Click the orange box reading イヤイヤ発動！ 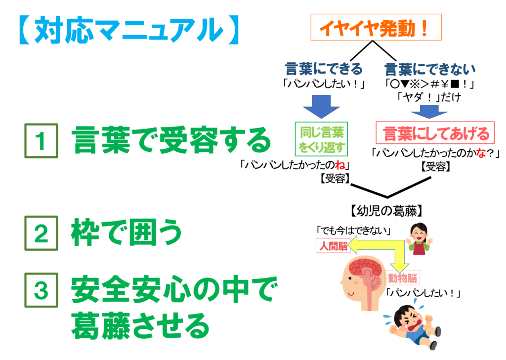[376, 28]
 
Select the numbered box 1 [41, 141]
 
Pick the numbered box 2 [41, 233]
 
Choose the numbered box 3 [41, 290]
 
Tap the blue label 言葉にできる [324, 69]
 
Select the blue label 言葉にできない [430, 69]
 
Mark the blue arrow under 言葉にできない [429, 112]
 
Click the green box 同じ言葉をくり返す [321, 139]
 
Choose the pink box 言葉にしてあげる [435, 133]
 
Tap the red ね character [340, 165]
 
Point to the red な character [481, 153]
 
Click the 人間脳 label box [332, 245]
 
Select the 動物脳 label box [403, 278]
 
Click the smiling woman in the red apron [419, 239]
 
